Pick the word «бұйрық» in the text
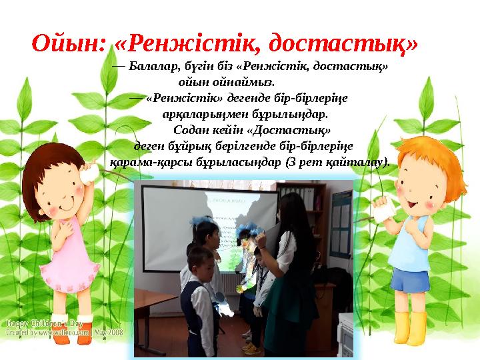point(181,147)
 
